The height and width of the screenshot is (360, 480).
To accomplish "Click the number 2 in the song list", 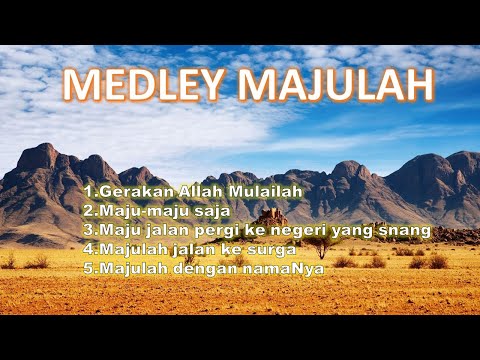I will (88, 210).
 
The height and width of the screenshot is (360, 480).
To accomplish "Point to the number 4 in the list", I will (88, 249).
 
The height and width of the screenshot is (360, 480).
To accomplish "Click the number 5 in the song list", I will (88, 268).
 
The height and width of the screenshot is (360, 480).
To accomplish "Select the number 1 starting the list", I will (88, 190).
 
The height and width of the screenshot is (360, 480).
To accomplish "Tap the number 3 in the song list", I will (88, 230).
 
